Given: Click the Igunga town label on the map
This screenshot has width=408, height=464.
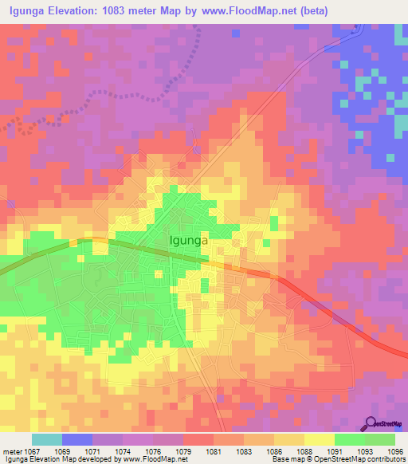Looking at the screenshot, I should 190,238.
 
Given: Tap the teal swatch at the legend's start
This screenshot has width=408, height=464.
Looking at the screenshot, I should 47,439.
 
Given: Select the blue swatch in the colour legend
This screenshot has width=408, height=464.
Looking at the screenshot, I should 77,439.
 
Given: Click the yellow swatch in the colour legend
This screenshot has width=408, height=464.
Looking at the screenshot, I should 319,439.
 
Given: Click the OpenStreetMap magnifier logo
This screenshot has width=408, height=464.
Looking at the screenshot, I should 371,423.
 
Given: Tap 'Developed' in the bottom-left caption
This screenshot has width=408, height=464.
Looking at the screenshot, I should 100,459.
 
